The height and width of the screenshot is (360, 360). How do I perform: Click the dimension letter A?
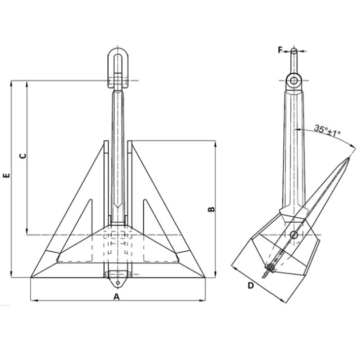pyautogui.click(x=117, y=297)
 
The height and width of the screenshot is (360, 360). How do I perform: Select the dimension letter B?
pyautogui.click(x=211, y=210)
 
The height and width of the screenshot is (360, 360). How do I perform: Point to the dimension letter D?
pyautogui.click(x=250, y=285)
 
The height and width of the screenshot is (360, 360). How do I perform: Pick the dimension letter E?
pyautogui.click(x=5, y=177)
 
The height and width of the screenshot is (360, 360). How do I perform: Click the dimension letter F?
pyautogui.click(x=281, y=50)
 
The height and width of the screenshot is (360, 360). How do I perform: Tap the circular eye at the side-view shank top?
pyautogui.click(x=294, y=81)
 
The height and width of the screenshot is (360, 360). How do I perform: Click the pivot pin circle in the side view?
pyautogui.click(x=294, y=234)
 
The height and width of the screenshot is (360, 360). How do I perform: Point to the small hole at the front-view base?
pyautogui.click(x=117, y=282)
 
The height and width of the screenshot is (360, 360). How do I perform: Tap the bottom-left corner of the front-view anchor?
pyautogui.click(x=30, y=278)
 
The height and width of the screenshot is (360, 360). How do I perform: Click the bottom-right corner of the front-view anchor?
pyautogui.click(x=205, y=278)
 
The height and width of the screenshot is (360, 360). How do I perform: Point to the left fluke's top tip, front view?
pyautogui.click(x=103, y=144)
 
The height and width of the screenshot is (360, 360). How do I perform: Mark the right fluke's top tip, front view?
pyautogui.click(x=131, y=144)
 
